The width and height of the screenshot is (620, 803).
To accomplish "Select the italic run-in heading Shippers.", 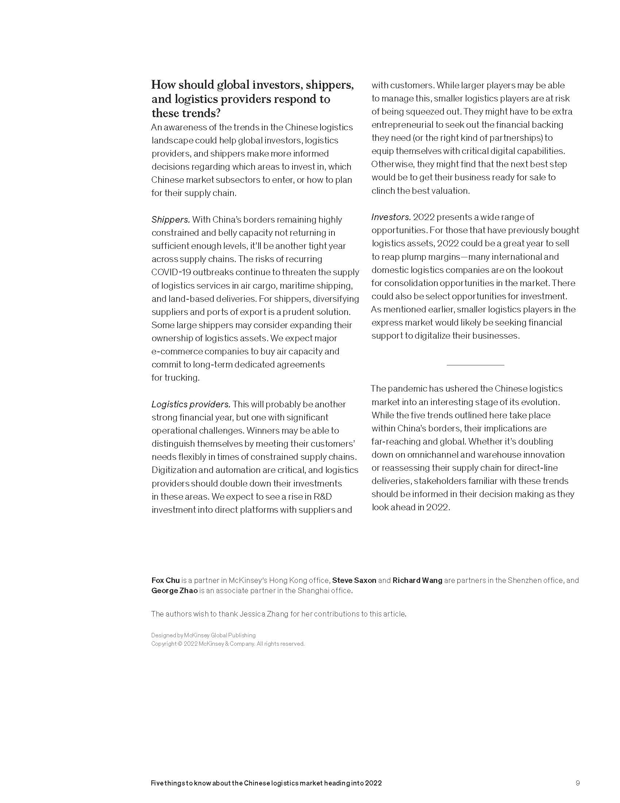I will (170, 220).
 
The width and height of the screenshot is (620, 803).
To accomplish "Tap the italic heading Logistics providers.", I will (191, 404).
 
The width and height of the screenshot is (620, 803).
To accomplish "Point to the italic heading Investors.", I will (391, 217).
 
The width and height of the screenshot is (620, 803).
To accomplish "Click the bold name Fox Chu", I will (165, 580).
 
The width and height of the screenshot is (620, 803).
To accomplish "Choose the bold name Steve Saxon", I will (354, 580).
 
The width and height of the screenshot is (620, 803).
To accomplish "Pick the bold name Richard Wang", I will (417, 580).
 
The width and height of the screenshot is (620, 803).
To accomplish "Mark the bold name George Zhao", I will (174, 591).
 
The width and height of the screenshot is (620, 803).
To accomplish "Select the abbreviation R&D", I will (322, 497).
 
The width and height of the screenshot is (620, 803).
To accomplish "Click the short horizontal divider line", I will (475, 365).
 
